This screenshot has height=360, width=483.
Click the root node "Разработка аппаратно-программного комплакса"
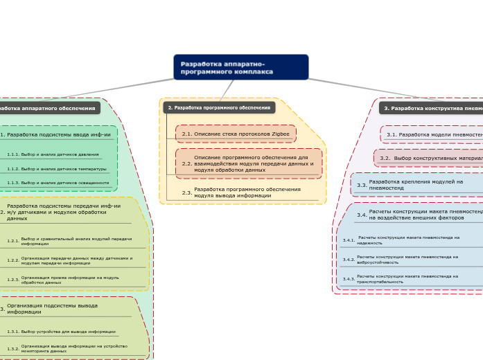click(x=240, y=67)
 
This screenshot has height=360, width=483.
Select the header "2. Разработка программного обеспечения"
click(x=219, y=108)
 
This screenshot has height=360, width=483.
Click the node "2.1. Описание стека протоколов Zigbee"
click(x=236, y=134)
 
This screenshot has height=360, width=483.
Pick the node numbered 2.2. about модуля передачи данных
click(x=249, y=163)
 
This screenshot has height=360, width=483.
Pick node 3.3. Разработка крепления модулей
click(x=416, y=185)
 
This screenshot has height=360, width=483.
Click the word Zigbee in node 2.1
click(x=281, y=134)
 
